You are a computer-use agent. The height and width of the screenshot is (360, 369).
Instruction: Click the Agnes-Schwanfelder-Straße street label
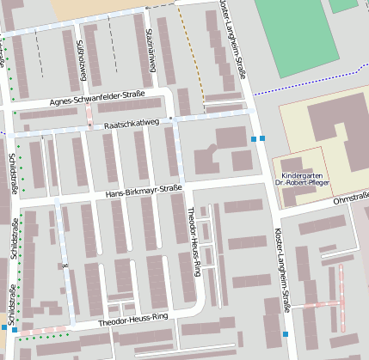pyautogui.click(x=98, y=99)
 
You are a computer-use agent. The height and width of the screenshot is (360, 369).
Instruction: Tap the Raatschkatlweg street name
pyautogui.click(x=132, y=125)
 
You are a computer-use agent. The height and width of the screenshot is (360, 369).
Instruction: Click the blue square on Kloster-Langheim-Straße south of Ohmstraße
pyautogui.click(x=286, y=334)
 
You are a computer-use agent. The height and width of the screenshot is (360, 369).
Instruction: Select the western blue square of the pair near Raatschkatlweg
pyautogui.click(x=253, y=137)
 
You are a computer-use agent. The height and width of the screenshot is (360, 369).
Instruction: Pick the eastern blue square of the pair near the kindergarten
pyautogui.click(x=263, y=137)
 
